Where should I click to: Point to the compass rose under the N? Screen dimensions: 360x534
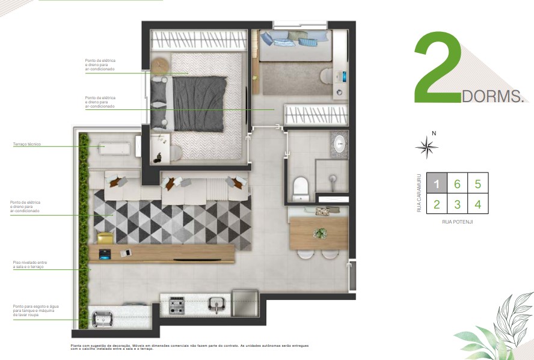[x=426, y=147]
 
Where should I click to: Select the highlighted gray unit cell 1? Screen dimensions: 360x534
[x=437, y=183]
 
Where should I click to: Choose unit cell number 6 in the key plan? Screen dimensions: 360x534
[x=457, y=183]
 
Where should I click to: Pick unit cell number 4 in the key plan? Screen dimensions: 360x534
[x=477, y=204]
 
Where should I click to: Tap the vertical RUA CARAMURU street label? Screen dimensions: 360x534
[x=419, y=194]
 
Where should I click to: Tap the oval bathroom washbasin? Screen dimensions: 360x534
[x=339, y=143]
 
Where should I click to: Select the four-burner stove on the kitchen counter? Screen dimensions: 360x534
[x=177, y=305]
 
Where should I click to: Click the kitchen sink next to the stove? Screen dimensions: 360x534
[x=216, y=305]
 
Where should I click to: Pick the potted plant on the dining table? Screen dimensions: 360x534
[x=320, y=233]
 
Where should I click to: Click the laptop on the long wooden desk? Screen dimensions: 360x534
[x=106, y=254]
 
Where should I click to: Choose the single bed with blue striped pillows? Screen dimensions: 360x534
[x=295, y=46]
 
